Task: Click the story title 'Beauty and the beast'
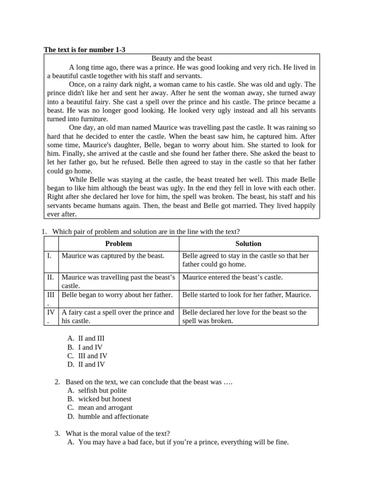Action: (182, 58)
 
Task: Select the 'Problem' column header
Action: (118, 244)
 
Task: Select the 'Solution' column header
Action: (248, 244)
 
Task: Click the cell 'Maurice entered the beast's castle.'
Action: (232, 277)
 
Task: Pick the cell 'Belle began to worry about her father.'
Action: (117, 294)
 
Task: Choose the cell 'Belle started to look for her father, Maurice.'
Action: (247, 294)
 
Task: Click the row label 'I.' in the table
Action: (49, 255)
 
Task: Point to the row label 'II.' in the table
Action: (50, 277)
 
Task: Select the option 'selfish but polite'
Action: (102, 390)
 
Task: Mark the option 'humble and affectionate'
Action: (113, 417)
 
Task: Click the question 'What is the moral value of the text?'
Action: (118, 434)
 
